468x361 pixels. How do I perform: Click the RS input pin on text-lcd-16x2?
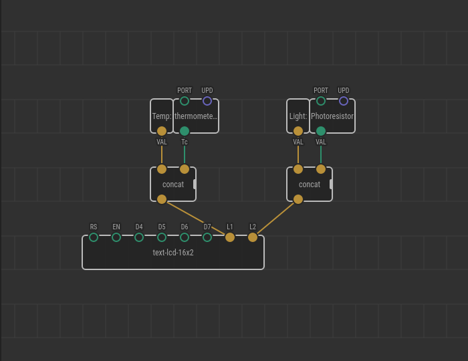coord(94,237)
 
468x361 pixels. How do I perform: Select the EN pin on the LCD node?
coord(116,237)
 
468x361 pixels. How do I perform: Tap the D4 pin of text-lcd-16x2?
coord(139,237)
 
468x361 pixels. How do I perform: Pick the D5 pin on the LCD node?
coord(162,237)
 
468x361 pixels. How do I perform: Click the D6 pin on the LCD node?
coord(185,237)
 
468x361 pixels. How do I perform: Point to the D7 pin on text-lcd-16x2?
coord(207,237)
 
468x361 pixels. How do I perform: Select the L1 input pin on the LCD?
coord(230,237)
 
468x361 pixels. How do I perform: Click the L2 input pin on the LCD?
coord(253,237)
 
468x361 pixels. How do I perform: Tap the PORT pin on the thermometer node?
coord(185,101)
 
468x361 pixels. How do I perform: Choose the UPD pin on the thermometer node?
coord(207,101)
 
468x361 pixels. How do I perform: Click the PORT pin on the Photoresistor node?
coord(321,101)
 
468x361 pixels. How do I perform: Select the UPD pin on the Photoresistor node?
coord(344,101)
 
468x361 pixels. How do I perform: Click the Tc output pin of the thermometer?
coord(185,131)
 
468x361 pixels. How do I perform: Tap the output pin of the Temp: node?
coord(162,131)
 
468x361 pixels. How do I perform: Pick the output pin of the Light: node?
coord(298,131)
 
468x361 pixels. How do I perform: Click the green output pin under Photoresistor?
coord(321,131)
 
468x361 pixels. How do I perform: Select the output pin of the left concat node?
coord(162,199)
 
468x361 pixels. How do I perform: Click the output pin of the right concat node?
coord(298,199)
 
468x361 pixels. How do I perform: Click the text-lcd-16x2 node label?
coord(173,253)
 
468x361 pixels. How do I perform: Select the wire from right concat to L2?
coord(275,219)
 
